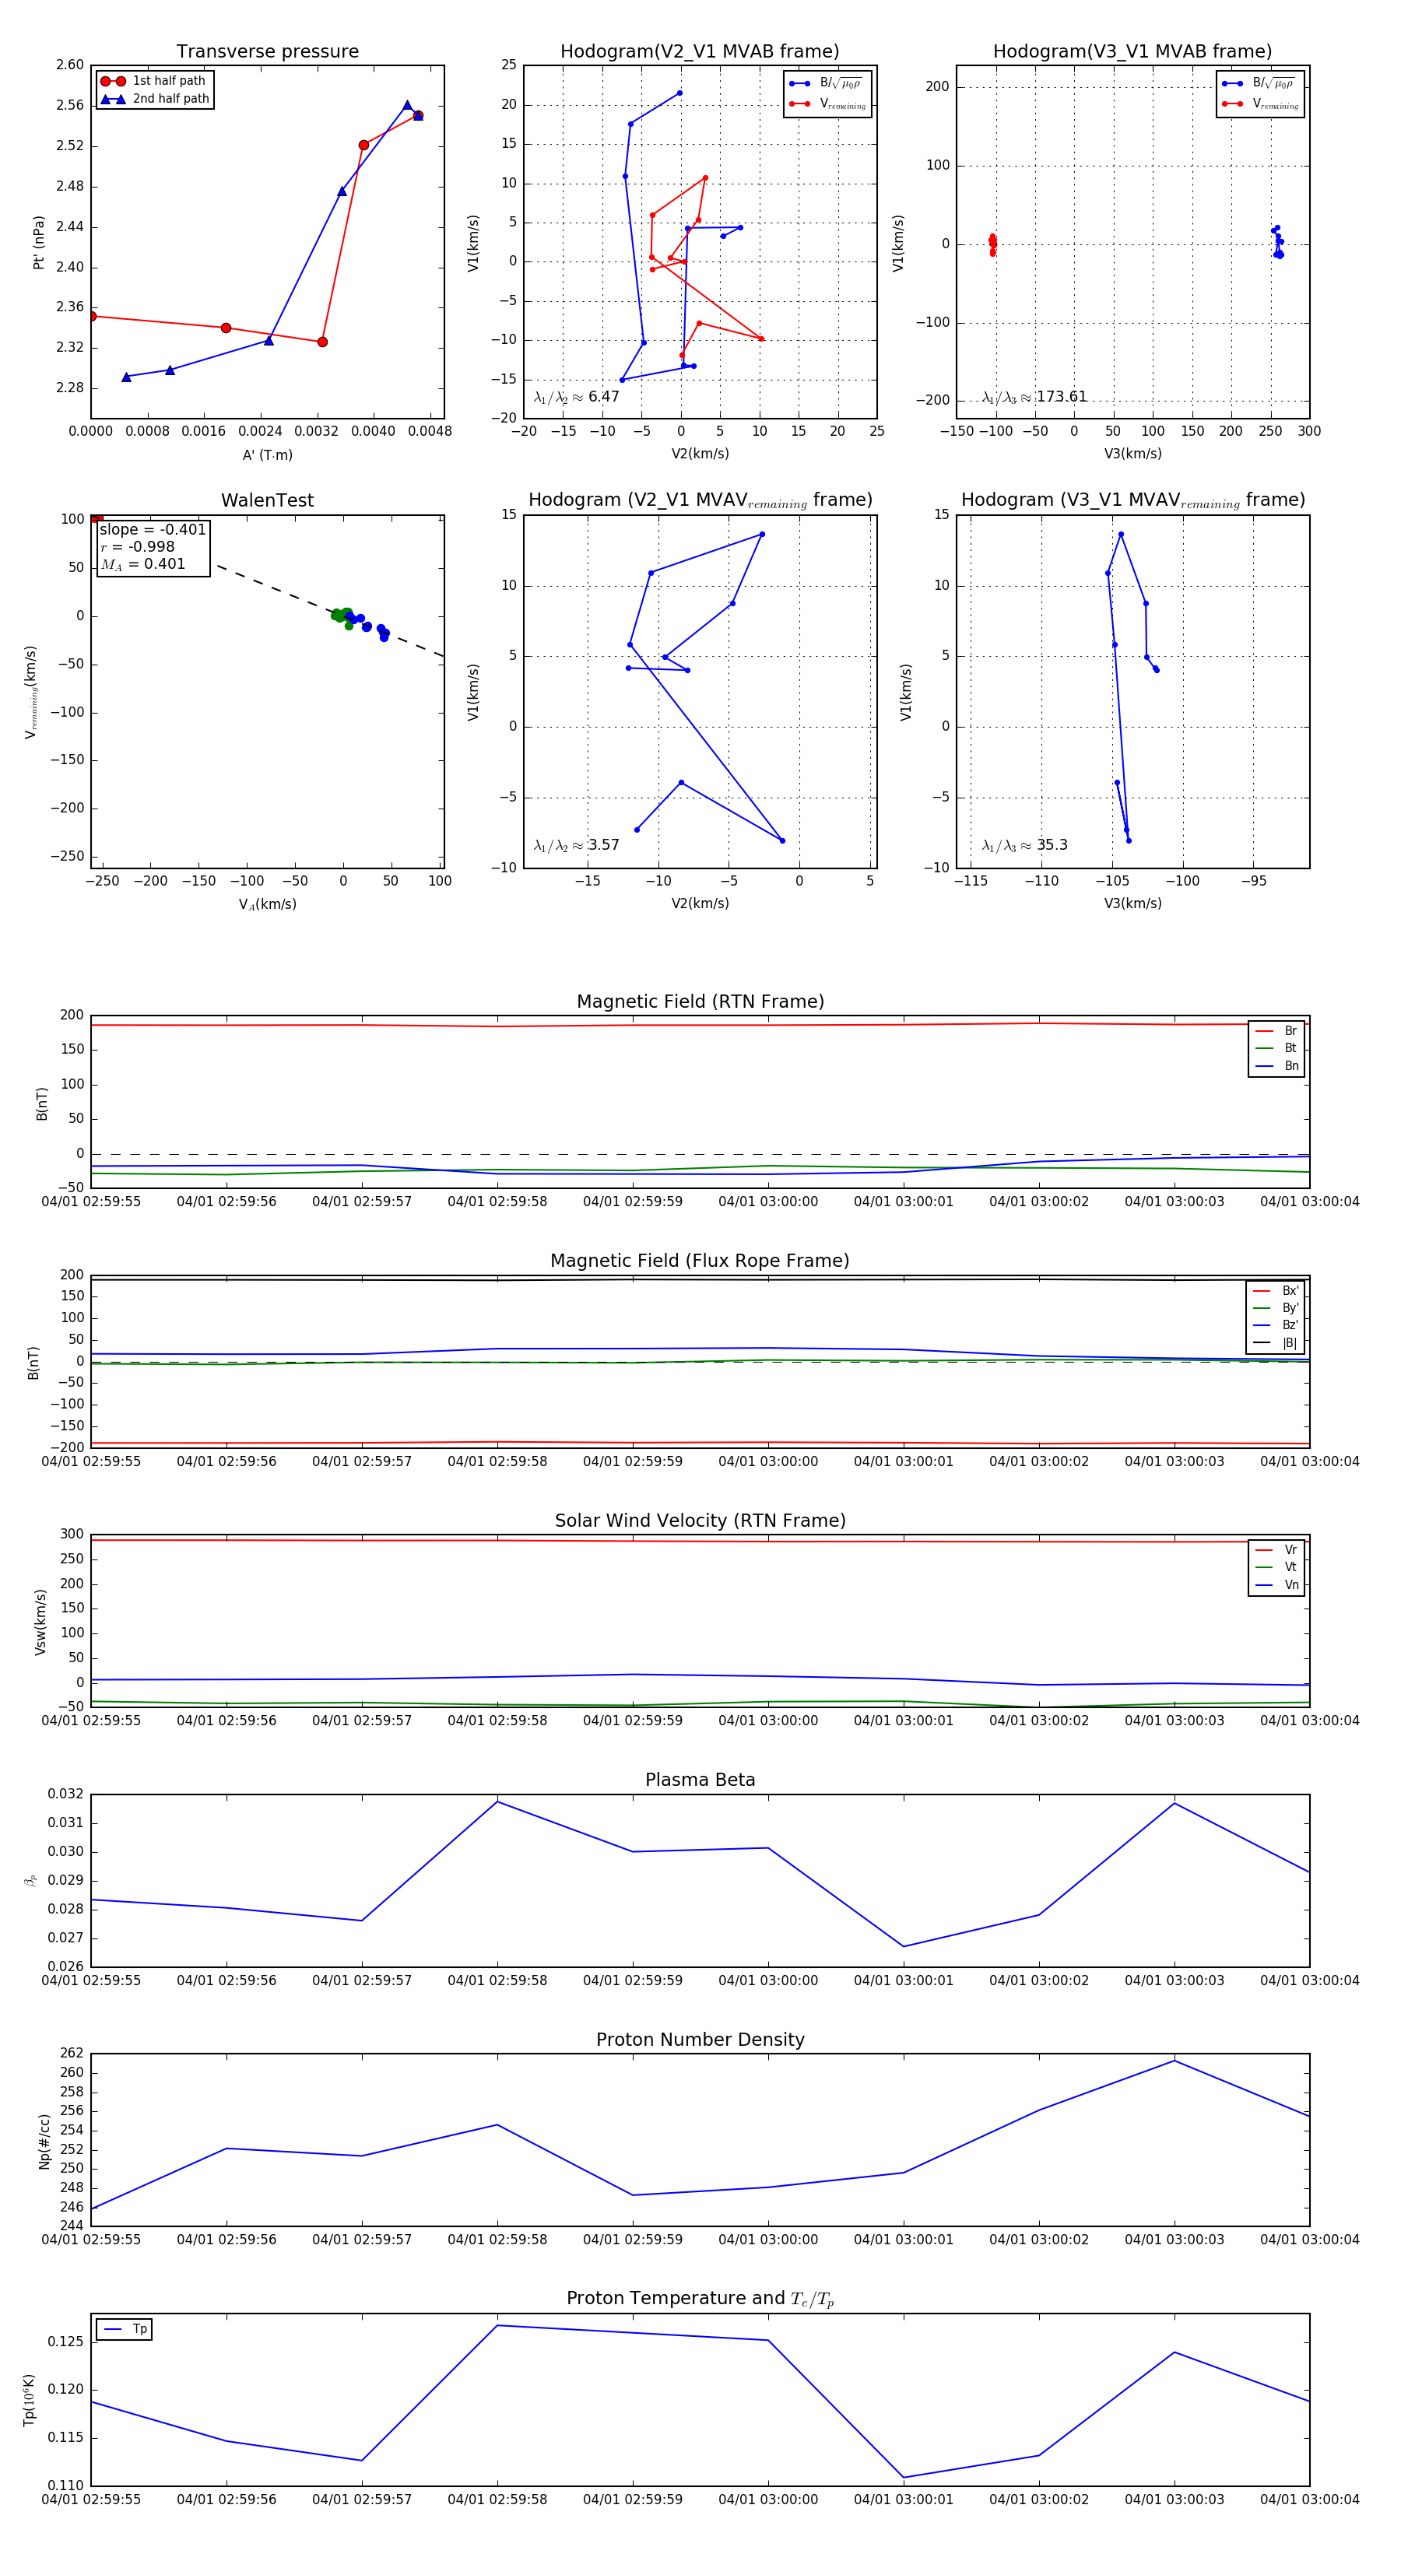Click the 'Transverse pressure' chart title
[267, 52]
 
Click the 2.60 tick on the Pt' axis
[70, 65]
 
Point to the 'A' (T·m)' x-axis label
[267, 454]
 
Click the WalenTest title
[267, 500]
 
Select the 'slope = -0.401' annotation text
[153, 529]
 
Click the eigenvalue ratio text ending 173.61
[1034, 397]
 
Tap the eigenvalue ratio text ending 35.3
[1024, 845]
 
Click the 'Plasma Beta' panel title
[700, 1780]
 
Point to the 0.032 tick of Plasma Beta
[66, 1794]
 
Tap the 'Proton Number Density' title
[700, 2040]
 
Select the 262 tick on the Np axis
[72, 2054]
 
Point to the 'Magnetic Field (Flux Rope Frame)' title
[700, 1261]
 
